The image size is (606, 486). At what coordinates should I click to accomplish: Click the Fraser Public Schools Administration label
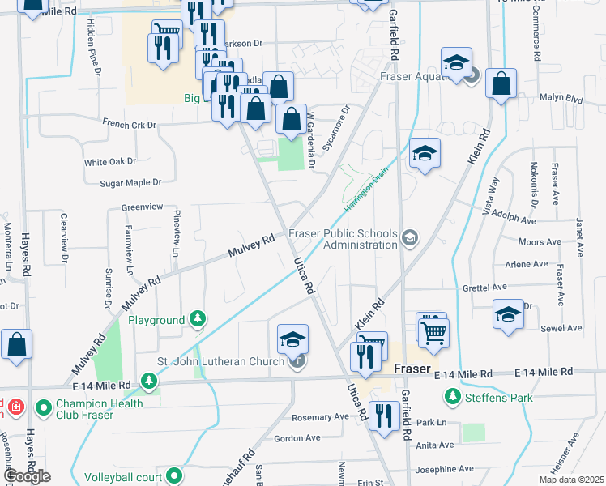(x=344, y=239)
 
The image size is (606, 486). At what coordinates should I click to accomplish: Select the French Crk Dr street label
(x=129, y=124)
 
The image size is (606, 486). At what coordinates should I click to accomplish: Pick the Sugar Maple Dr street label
(x=130, y=183)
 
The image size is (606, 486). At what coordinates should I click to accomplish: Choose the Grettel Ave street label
(x=484, y=287)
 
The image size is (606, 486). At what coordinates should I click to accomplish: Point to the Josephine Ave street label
(x=445, y=469)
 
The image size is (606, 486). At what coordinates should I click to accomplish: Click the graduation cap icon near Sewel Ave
(x=508, y=314)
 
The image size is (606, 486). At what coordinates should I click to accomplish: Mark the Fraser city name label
(x=411, y=369)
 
